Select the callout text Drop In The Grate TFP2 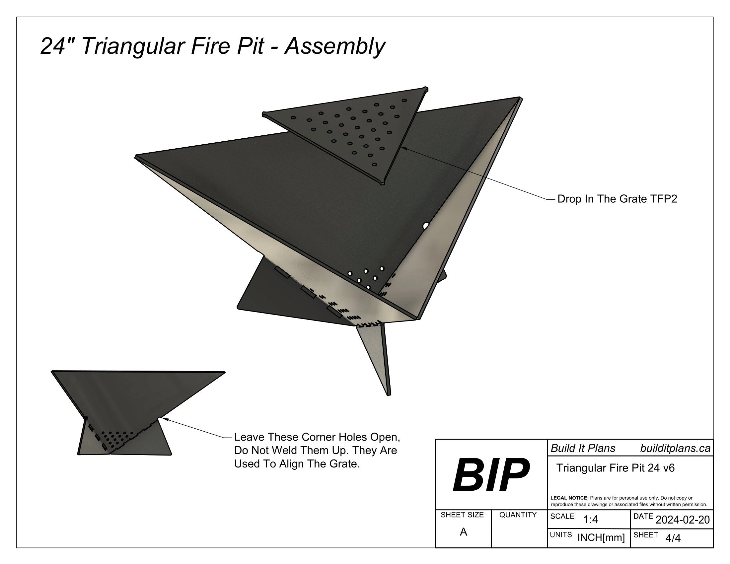pyautogui.click(x=617, y=199)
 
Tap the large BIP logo pyautogui.click(x=491, y=475)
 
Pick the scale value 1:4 pyautogui.click(x=591, y=520)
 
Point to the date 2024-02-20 pyautogui.click(x=683, y=520)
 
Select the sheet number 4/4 pyautogui.click(x=673, y=538)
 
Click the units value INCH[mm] pyautogui.click(x=601, y=538)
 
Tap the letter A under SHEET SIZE pyautogui.click(x=463, y=532)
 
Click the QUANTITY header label pyautogui.click(x=518, y=515)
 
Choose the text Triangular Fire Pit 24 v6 pyautogui.click(x=615, y=468)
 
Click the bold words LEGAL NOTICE pyautogui.click(x=569, y=498)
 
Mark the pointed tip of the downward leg pyautogui.click(x=389, y=394)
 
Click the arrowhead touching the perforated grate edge pyautogui.click(x=402, y=148)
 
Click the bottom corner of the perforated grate pyautogui.click(x=382, y=183)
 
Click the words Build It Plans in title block pyautogui.click(x=583, y=449)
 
